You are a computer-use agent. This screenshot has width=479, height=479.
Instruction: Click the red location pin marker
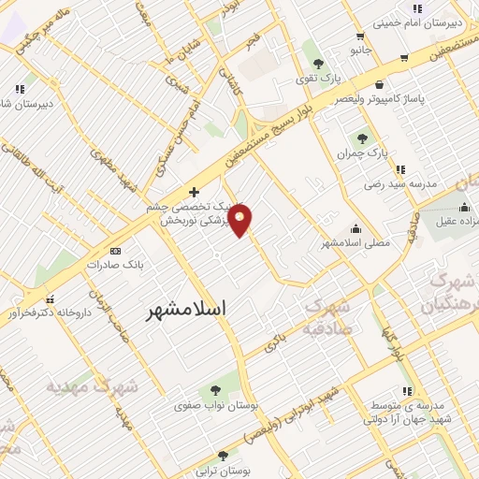[x=240, y=222]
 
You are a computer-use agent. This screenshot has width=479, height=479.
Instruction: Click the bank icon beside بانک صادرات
[x=115, y=251]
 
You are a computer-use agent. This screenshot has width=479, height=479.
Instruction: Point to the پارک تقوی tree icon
[x=318, y=64]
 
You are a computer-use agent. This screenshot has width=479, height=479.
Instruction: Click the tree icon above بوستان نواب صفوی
[x=216, y=388]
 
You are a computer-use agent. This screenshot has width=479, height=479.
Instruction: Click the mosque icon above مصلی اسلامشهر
[x=356, y=227]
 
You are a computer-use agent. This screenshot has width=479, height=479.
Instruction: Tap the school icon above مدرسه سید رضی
[x=400, y=169]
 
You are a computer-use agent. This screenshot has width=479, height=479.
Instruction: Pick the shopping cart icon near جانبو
[x=403, y=56]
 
